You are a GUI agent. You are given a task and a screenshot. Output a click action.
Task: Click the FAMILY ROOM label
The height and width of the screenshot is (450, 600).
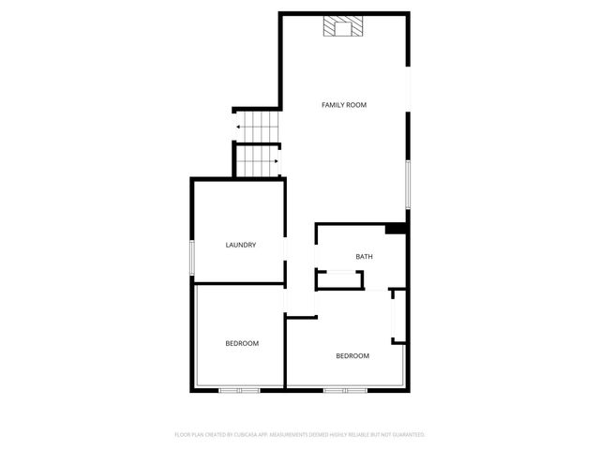[343, 105]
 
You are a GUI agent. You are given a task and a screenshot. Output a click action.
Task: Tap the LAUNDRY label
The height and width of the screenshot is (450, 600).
[241, 245]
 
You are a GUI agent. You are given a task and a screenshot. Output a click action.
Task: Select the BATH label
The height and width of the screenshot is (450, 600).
[365, 257]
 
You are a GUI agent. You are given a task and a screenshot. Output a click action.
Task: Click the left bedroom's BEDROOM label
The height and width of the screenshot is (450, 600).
[242, 344]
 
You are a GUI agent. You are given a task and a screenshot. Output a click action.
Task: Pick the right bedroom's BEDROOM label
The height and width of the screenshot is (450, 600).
[352, 355]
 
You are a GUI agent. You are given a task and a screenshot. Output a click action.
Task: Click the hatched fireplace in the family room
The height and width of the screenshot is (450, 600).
[342, 28]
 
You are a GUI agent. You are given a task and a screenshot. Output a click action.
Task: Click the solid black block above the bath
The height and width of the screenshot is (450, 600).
[396, 228]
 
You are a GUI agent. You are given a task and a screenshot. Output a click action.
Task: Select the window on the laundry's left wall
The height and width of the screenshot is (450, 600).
[192, 257]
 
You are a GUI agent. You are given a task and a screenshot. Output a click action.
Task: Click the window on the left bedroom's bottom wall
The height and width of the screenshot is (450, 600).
[239, 389]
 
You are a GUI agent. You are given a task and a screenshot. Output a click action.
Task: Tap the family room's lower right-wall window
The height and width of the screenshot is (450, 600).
[407, 184]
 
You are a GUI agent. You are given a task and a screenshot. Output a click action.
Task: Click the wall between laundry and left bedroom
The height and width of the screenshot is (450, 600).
[239, 284]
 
